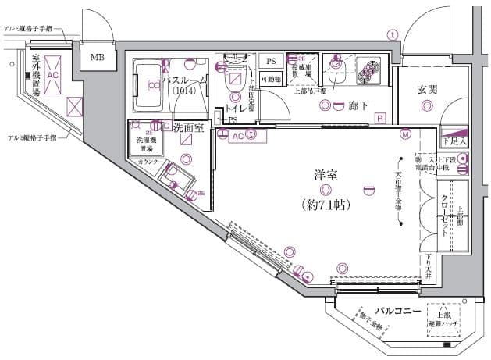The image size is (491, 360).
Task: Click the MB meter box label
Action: [x=98, y=57]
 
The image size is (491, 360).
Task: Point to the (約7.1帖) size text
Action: [x=325, y=205]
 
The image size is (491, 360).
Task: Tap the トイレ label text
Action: [x=237, y=110]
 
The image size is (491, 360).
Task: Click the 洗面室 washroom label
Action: [x=188, y=127]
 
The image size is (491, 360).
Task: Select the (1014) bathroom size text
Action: [x=185, y=91]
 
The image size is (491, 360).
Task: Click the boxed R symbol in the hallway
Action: [x=379, y=118]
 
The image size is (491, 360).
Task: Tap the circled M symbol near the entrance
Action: [x=405, y=134]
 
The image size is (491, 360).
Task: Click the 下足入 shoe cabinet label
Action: [x=454, y=142]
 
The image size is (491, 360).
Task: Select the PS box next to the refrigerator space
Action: [x=271, y=61]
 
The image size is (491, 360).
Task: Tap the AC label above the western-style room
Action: [x=239, y=135]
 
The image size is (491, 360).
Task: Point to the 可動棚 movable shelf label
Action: [x=271, y=79]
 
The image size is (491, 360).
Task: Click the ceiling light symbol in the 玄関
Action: [x=427, y=106]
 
